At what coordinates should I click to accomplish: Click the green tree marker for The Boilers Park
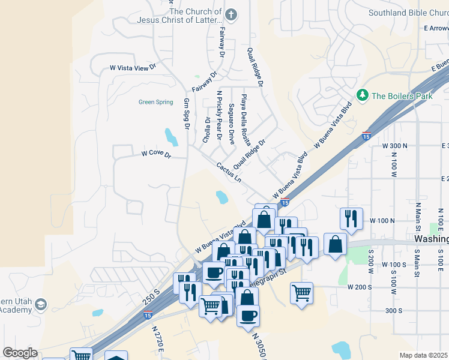point(362,95)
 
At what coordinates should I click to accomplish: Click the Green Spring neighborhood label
point(155,102)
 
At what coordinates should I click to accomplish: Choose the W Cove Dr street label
point(157,154)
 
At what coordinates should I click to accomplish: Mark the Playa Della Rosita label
point(245,119)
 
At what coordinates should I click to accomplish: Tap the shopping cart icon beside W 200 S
point(301,293)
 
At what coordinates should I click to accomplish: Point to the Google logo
point(20,353)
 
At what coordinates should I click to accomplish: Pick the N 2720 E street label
point(158,338)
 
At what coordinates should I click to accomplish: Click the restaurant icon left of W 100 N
point(350,218)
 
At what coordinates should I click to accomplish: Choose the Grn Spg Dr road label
point(187,114)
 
